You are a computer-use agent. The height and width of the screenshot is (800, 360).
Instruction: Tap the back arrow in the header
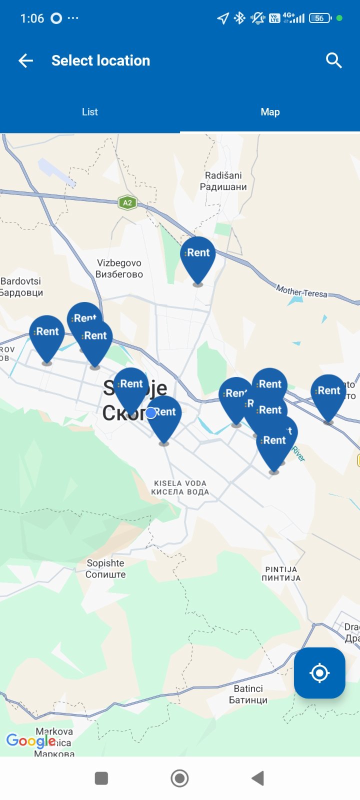tap(25, 61)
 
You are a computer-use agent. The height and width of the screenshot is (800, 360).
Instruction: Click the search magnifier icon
tap(333, 60)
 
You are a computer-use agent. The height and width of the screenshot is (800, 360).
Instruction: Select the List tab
tap(90, 112)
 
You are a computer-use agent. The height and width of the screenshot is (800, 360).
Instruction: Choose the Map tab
tap(270, 112)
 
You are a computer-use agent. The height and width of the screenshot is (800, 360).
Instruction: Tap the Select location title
tap(100, 60)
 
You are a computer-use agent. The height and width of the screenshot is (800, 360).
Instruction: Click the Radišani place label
tap(223, 181)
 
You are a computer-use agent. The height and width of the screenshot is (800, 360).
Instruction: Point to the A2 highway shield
tap(127, 202)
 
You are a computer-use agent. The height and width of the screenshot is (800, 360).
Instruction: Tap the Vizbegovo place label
tap(119, 268)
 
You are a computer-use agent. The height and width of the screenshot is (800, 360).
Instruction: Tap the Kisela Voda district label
tap(180, 487)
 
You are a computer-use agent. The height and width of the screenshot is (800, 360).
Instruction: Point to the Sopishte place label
tap(105, 568)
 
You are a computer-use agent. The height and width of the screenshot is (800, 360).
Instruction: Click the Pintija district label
tap(281, 573)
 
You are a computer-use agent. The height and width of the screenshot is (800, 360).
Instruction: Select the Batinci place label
tap(248, 694)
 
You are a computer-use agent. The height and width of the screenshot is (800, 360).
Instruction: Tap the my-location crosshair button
tap(319, 673)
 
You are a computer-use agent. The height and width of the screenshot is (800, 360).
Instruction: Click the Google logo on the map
tap(30, 740)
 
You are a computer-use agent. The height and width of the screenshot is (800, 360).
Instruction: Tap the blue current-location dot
tap(151, 413)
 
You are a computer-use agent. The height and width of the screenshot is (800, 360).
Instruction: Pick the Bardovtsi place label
tap(21, 287)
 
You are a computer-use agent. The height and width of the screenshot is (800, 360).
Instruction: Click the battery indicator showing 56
tap(320, 18)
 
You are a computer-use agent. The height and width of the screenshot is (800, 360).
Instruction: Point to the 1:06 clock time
tap(32, 18)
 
